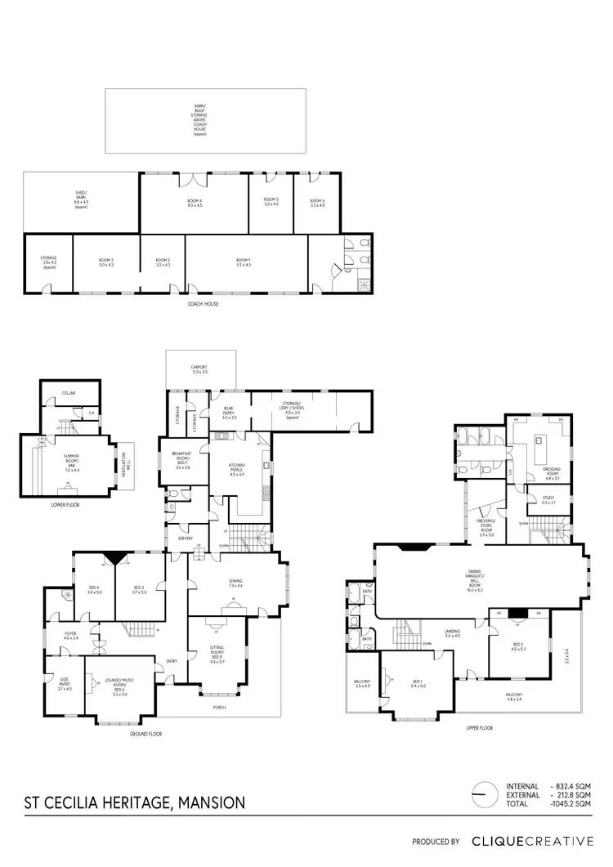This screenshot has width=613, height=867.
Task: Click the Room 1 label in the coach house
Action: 246,261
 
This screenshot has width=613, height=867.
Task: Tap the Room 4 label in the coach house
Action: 194,203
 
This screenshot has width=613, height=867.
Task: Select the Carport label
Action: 201,369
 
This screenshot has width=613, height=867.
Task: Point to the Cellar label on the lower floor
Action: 69,393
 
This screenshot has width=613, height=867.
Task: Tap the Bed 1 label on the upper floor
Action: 418,683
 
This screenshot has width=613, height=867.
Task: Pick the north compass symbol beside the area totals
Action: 484,793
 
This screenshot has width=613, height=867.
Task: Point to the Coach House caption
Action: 203,304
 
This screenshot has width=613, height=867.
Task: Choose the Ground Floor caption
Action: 145,734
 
